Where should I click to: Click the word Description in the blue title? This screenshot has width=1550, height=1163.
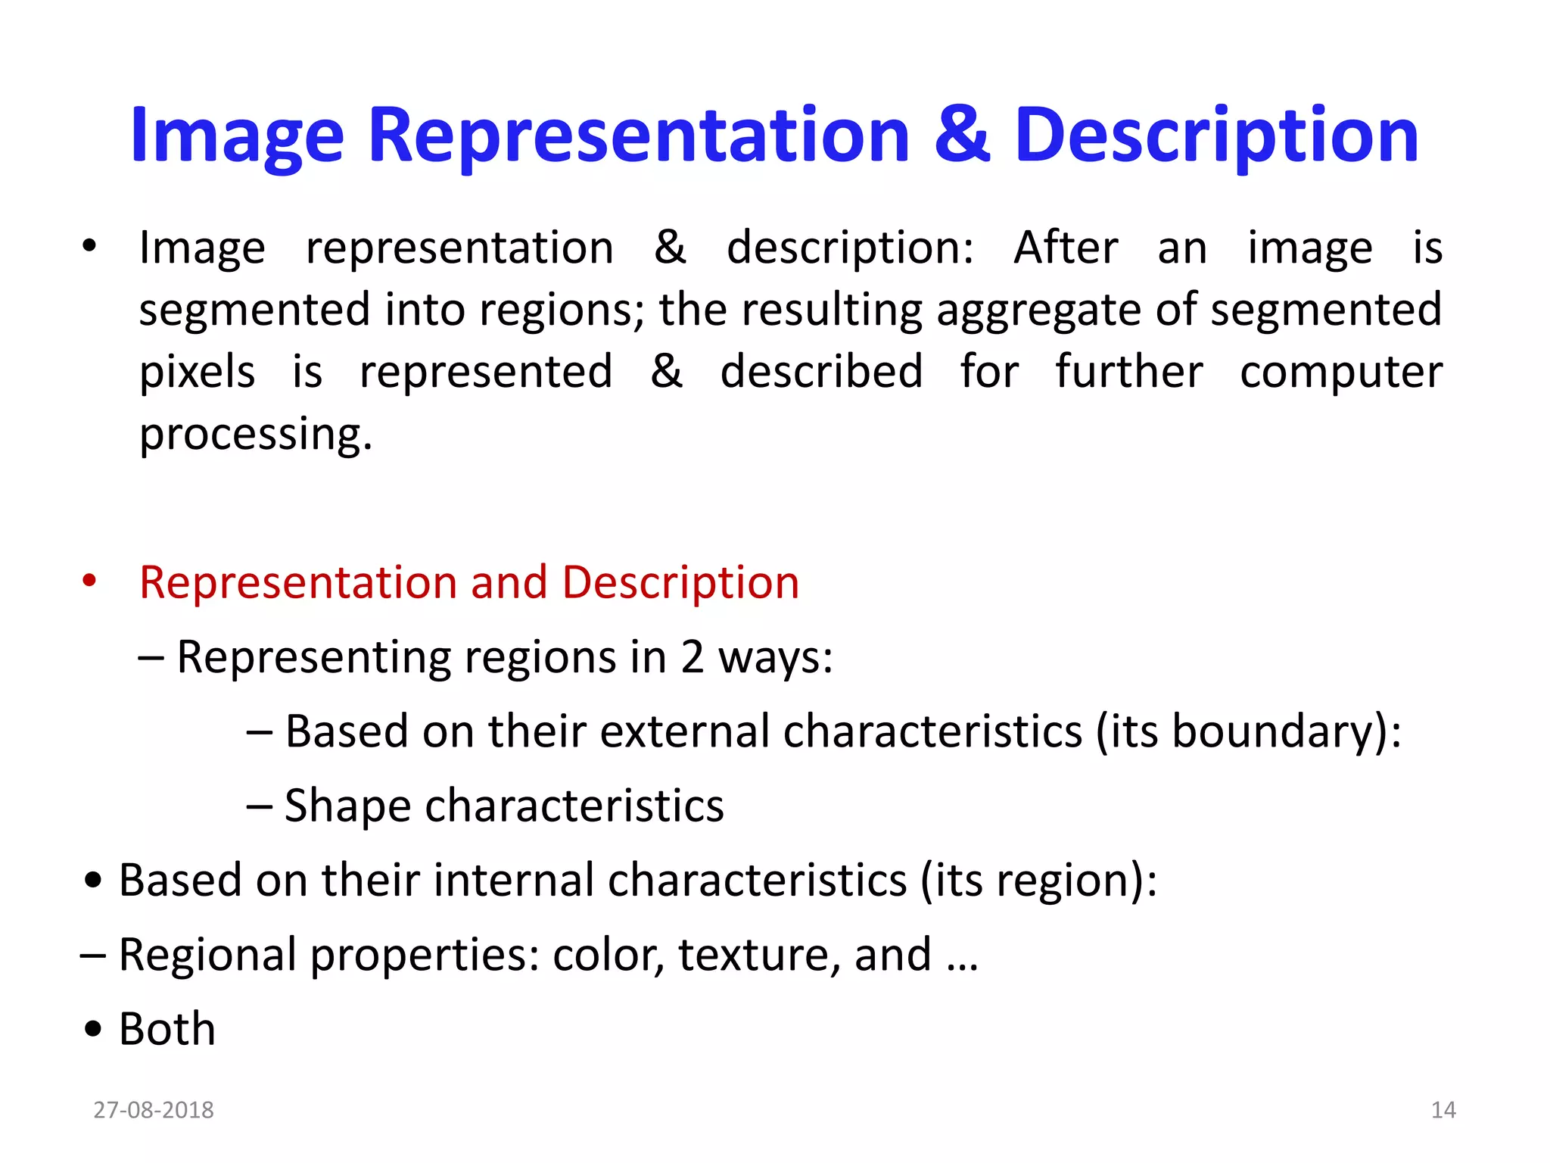click(x=1216, y=136)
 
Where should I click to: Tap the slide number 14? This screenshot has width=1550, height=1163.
click(x=1443, y=1110)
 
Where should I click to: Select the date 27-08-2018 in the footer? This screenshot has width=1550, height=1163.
click(x=154, y=1110)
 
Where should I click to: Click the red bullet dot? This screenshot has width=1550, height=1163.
click(x=90, y=581)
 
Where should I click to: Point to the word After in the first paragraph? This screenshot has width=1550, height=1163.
click(x=1066, y=248)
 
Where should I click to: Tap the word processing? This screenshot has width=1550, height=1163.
click(x=256, y=435)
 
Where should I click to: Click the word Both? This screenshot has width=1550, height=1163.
click(x=167, y=1029)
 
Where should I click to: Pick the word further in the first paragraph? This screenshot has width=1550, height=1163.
click(x=1128, y=373)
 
